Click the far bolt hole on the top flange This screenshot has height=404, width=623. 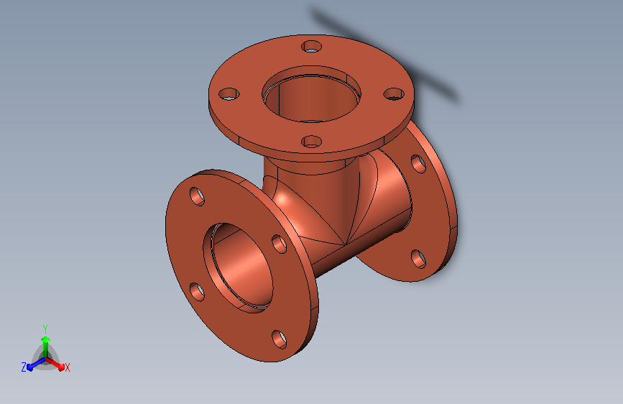(312, 47)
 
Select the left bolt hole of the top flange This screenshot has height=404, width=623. (229, 94)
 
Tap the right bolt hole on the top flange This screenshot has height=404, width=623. (394, 94)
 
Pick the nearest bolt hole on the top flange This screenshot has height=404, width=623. (312, 142)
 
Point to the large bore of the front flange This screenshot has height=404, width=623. (238, 267)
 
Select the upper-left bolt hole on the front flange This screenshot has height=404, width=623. (197, 196)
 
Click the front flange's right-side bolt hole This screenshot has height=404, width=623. (280, 244)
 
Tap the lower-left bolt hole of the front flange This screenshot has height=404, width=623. (197, 292)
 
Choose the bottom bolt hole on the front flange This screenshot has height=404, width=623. (280, 339)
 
